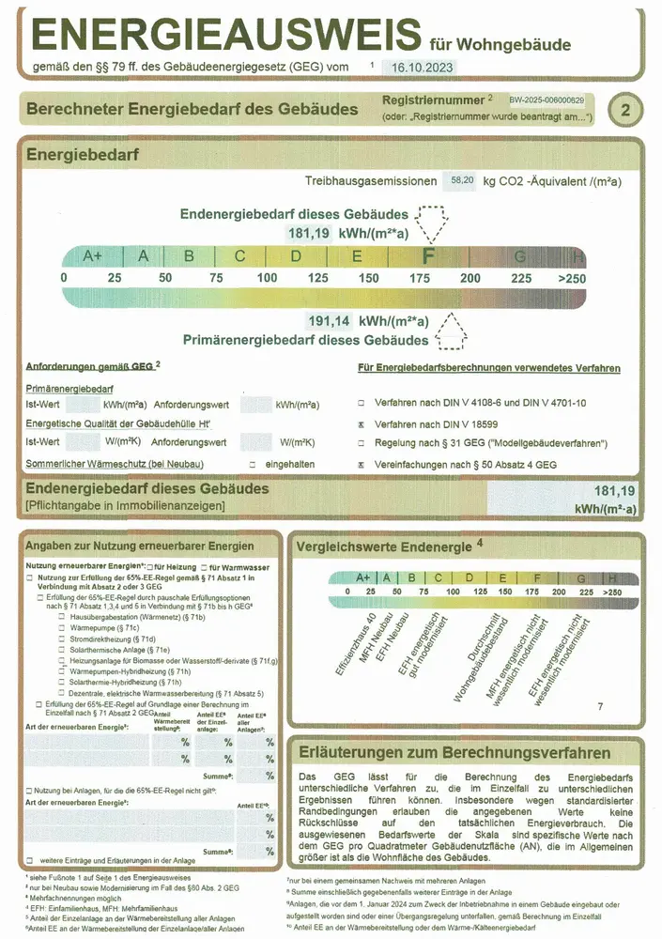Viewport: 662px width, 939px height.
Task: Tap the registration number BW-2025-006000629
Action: (x=547, y=100)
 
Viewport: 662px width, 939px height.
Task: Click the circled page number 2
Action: (x=626, y=110)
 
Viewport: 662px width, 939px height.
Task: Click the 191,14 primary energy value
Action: (x=329, y=320)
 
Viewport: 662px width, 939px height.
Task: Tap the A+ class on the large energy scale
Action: (x=93, y=255)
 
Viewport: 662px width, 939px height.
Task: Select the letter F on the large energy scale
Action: (x=428, y=255)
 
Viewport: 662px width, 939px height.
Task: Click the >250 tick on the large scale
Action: (x=571, y=278)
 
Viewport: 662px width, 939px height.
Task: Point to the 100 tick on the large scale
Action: (x=267, y=278)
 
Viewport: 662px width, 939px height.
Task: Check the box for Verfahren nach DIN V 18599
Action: (x=362, y=424)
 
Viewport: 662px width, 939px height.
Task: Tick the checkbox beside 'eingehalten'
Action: (x=252, y=465)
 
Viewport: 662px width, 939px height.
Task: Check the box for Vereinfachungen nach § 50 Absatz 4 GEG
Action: (x=362, y=465)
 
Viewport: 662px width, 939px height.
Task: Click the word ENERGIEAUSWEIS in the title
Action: (x=225, y=35)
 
